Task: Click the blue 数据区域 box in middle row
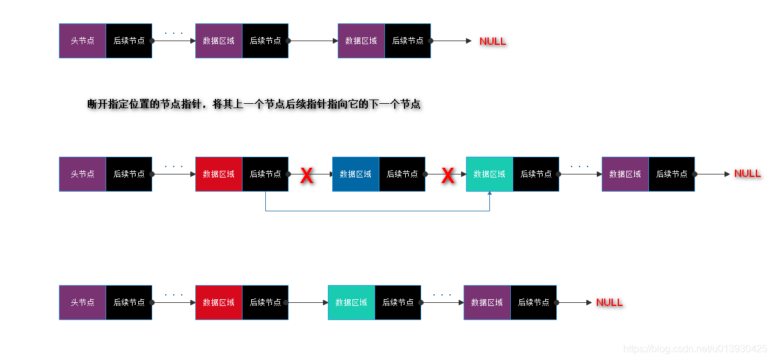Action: [355, 174]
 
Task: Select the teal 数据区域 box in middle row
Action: [489, 174]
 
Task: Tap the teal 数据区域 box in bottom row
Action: [351, 302]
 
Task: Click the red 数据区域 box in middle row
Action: [219, 174]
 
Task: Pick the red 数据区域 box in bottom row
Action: [219, 302]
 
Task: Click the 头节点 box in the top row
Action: [82, 41]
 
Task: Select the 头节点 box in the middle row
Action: [82, 174]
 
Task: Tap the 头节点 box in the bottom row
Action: [82, 302]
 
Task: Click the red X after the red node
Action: [306, 176]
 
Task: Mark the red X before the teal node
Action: [448, 176]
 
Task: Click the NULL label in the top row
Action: [492, 41]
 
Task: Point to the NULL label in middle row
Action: [747, 173]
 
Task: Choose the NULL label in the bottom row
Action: [609, 302]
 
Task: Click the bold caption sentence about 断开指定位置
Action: [254, 104]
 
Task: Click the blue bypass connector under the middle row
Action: [377, 211]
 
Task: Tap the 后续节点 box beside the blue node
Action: [402, 174]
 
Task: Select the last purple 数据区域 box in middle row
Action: [625, 174]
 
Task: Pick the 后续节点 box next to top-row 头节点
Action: [129, 41]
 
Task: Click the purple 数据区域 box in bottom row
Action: [487, 302]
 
